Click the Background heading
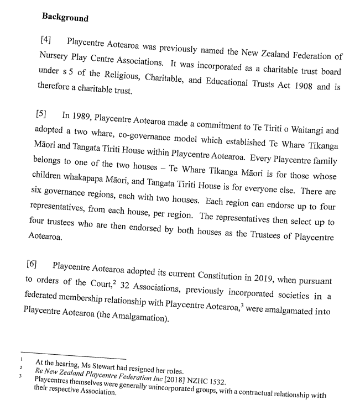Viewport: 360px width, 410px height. [65, 17]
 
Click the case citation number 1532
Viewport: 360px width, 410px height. [207, 372]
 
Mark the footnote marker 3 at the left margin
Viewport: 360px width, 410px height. [20, 377]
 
